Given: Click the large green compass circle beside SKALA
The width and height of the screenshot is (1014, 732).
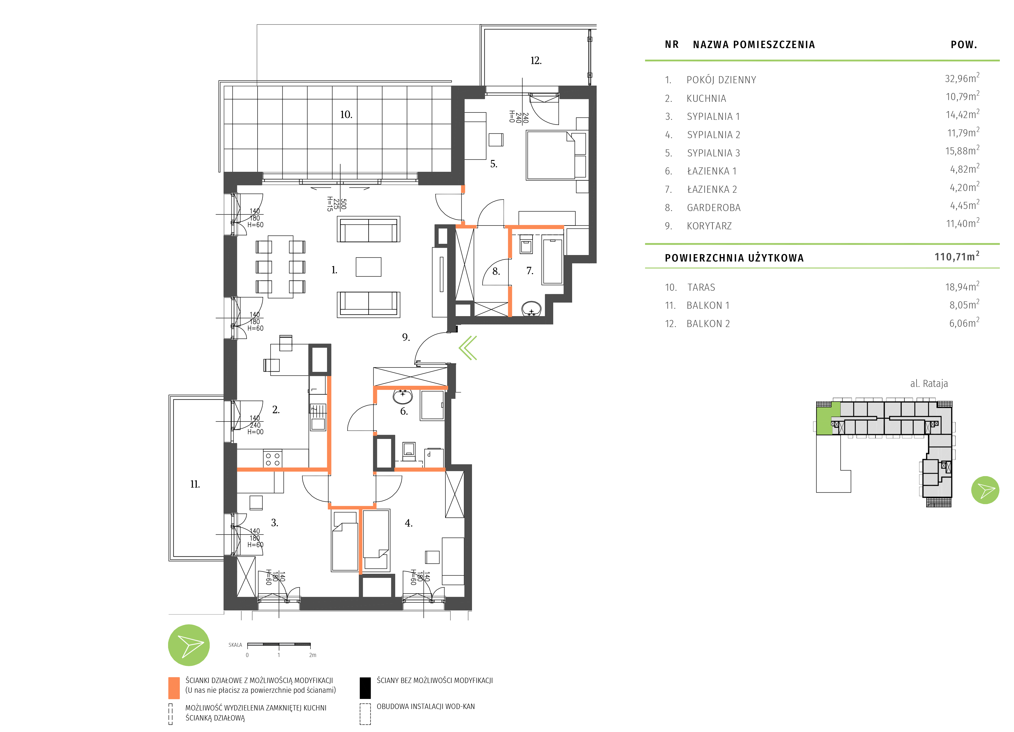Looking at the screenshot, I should tap(189, 645).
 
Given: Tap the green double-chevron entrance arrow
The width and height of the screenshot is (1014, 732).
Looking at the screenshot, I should tap(468, 348).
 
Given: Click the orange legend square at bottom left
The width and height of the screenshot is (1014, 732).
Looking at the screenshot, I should tap(174, 688).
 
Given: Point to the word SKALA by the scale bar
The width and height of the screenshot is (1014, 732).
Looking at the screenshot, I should tap(235, 645).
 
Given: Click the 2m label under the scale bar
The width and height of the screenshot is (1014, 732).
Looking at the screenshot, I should tap(312, 655).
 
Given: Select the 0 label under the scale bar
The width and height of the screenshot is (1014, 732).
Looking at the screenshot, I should tap(247, 655).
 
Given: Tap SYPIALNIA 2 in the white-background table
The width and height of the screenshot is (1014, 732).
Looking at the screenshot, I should tap(714, 135).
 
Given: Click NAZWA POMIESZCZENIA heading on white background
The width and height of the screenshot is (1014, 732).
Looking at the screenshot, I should tap(754, 44).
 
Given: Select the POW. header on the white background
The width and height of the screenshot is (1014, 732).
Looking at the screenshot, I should tap(963, 44).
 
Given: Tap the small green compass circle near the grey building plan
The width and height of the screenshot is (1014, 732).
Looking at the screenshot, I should tap(985, 490).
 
